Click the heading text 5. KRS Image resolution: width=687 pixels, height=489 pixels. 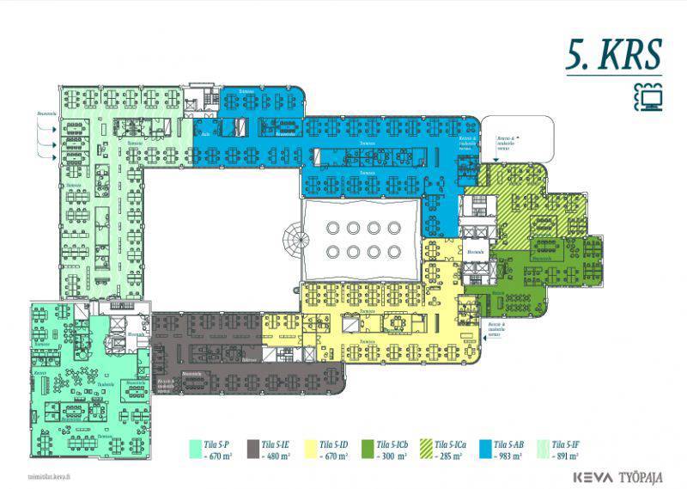click(x=613, y=54)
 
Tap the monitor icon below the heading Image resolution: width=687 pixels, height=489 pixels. click(x=648, y=97)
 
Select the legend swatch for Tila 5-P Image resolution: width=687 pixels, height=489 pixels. click(x=195, y=446)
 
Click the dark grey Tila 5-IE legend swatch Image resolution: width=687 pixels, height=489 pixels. click(x=253, y=446)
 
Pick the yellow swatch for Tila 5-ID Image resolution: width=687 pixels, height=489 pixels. click(x=312, y=446)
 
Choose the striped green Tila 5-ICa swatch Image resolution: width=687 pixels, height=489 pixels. click(x=425, y=446)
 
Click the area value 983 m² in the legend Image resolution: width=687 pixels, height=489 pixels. click(x=509, y=455)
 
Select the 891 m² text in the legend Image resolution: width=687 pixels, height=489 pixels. click(x=568, y=455)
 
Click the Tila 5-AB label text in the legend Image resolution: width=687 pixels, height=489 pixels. click(x=509, y=443)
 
